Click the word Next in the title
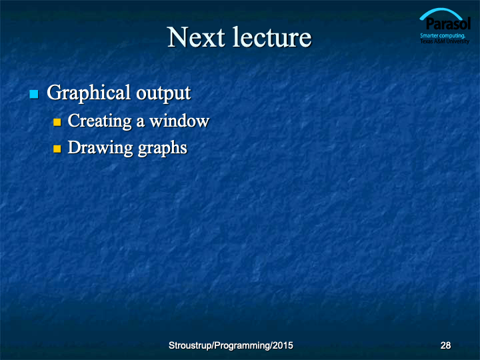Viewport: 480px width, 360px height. point(196,37)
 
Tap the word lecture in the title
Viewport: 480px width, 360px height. point(272,37)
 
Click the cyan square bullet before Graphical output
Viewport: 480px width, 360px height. point(34,94)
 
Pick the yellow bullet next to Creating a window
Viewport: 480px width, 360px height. point(57,122)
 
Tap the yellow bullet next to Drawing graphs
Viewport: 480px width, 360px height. point(57,149)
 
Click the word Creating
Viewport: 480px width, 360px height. point(100,121)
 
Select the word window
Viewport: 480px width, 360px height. point(180,121)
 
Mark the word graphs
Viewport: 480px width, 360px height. point(163,149)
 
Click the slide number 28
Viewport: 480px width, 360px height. point(445,345)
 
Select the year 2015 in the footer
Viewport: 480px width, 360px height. point(283,345)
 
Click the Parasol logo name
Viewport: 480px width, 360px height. point(448,24)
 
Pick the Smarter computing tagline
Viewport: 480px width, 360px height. point(443,35)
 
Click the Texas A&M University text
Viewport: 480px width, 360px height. point(445,41)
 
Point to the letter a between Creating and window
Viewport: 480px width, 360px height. point(141,123)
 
